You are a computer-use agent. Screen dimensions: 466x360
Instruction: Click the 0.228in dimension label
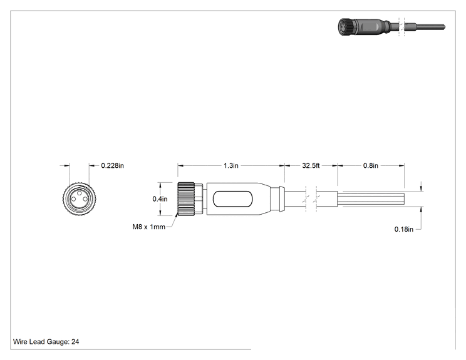click(x=112, y=165)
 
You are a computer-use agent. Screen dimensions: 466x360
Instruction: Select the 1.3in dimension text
click(x=231, y=165)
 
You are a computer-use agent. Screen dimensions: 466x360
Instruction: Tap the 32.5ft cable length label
click(x=311, y=165)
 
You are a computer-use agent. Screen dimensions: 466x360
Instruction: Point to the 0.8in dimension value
click(x=371, y=165)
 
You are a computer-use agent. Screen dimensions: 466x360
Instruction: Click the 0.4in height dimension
click(x=160, y=199)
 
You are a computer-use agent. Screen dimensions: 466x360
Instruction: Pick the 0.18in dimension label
click(x=403, y=229)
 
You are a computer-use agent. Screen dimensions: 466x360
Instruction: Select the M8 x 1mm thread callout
click(x=148, y=227)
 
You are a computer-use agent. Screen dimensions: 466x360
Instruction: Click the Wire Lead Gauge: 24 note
click(x=46, y=342)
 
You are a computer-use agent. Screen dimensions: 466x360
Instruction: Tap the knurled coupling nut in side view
click(x=186, y=199)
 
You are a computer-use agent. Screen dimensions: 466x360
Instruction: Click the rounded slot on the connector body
click(x=233, y=199)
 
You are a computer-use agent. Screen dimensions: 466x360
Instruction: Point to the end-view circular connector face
click(x=80, y=199)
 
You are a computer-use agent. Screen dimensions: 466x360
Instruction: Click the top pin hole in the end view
click(x=80, y=193)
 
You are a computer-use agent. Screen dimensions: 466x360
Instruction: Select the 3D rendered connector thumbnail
click(x=391, y=27)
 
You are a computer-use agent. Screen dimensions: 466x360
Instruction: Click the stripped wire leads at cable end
click(x=373, y=199)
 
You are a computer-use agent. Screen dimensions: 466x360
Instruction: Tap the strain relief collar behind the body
click(x=282, y=199)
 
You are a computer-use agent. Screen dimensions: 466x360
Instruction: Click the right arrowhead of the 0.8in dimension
click(x=402, y=165)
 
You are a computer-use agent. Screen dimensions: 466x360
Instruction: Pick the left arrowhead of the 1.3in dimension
click(x=180, y=165)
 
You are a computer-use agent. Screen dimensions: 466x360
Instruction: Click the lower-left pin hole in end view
click(x=74, y=199)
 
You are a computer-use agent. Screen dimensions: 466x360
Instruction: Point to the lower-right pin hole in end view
click(x=85, y=199)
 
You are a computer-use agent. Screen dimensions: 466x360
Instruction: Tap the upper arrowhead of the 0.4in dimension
click(x=160, y=185)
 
